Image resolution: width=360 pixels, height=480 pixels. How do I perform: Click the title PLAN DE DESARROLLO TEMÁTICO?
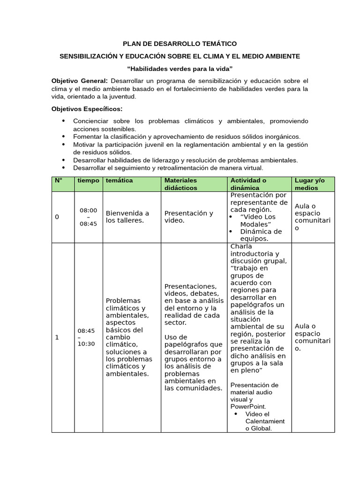pyautogui.click(x=180, y=44)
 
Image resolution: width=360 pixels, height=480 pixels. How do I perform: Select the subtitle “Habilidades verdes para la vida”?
pyautogui.click(x=180, y=69)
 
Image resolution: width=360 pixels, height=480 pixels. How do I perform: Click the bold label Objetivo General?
pyautogui.click(x=79, y=81)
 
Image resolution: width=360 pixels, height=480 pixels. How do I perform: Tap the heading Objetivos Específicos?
pyautogui.click(x=86, y=109)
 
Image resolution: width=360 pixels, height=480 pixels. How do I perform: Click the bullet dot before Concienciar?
pyautogui.click(x=63, y=121)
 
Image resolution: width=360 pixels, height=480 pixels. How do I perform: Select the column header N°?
pyautogui.click(x=59, y=180)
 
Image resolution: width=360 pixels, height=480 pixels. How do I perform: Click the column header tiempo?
pyautogui.click(x=88, y=180)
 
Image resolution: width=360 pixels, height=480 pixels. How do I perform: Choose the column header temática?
pyautogui.click(x=119, y=180)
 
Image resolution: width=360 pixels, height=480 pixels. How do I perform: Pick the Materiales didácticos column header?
pyautogui.click(x=181, y=184)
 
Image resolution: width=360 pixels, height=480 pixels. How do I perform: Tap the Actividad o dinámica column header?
pyautogui.click(x=248, y=184)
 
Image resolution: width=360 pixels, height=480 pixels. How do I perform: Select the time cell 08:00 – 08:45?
pyautogui.click(x=88, y=217)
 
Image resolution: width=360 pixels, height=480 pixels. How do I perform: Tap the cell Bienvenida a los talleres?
pyautogui.click(x=127, y=217)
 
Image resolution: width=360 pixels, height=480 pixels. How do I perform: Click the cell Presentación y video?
pyautogui.click(x=188, y=217)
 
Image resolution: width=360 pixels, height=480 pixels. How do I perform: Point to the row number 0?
pyautogui.click(x=57, y=217)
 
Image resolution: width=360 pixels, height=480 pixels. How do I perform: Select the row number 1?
pyautogui.click(x=57, y=337)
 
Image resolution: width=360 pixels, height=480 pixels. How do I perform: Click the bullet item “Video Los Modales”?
pyautogui.click(x=258, y=221)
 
